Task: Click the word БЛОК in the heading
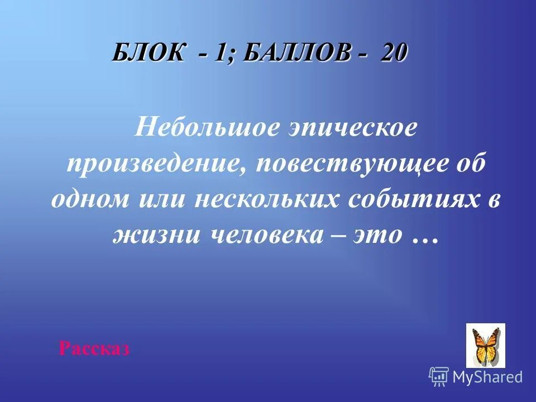147,54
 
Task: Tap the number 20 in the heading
395,54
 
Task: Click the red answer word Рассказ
94,350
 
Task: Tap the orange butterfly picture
485,345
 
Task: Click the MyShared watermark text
487,377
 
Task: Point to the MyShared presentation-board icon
438,377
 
